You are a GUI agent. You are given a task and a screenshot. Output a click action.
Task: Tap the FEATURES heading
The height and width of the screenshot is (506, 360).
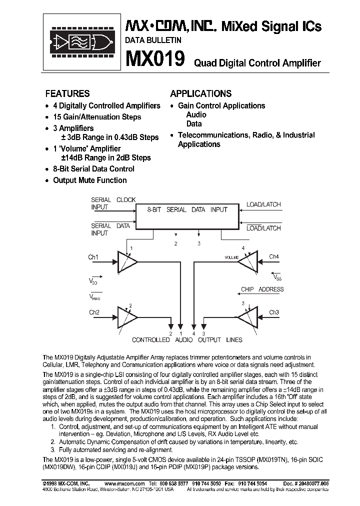point(67,93)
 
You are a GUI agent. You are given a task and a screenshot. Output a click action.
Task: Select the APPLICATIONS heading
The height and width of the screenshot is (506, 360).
point(200,93)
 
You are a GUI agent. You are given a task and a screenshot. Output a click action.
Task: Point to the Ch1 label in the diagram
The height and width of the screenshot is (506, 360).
point(93,257)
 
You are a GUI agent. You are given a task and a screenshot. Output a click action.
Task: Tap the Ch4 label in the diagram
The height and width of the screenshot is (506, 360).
point(273,257)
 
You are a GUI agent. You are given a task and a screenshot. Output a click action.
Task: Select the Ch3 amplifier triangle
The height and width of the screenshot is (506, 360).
point(248,315)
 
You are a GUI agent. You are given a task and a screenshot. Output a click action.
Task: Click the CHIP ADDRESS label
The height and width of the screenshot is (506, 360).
point(262,289)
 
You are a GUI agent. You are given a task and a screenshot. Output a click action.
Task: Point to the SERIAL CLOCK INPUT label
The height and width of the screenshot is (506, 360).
point(113,203)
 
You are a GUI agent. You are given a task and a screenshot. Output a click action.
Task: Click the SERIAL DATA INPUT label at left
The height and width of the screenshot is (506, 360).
point(110,229)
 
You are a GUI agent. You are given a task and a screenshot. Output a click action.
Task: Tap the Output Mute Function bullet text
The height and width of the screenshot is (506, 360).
point(90,180)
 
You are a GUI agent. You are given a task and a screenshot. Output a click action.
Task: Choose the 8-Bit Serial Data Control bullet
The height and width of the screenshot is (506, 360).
point(93,169)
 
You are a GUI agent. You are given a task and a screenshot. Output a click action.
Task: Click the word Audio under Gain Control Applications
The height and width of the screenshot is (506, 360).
point(196,115)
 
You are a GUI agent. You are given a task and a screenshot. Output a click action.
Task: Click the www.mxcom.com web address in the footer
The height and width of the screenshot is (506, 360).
point(125,484)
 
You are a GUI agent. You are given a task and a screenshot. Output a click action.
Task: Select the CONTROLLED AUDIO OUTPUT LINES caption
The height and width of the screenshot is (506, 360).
point(187,340)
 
